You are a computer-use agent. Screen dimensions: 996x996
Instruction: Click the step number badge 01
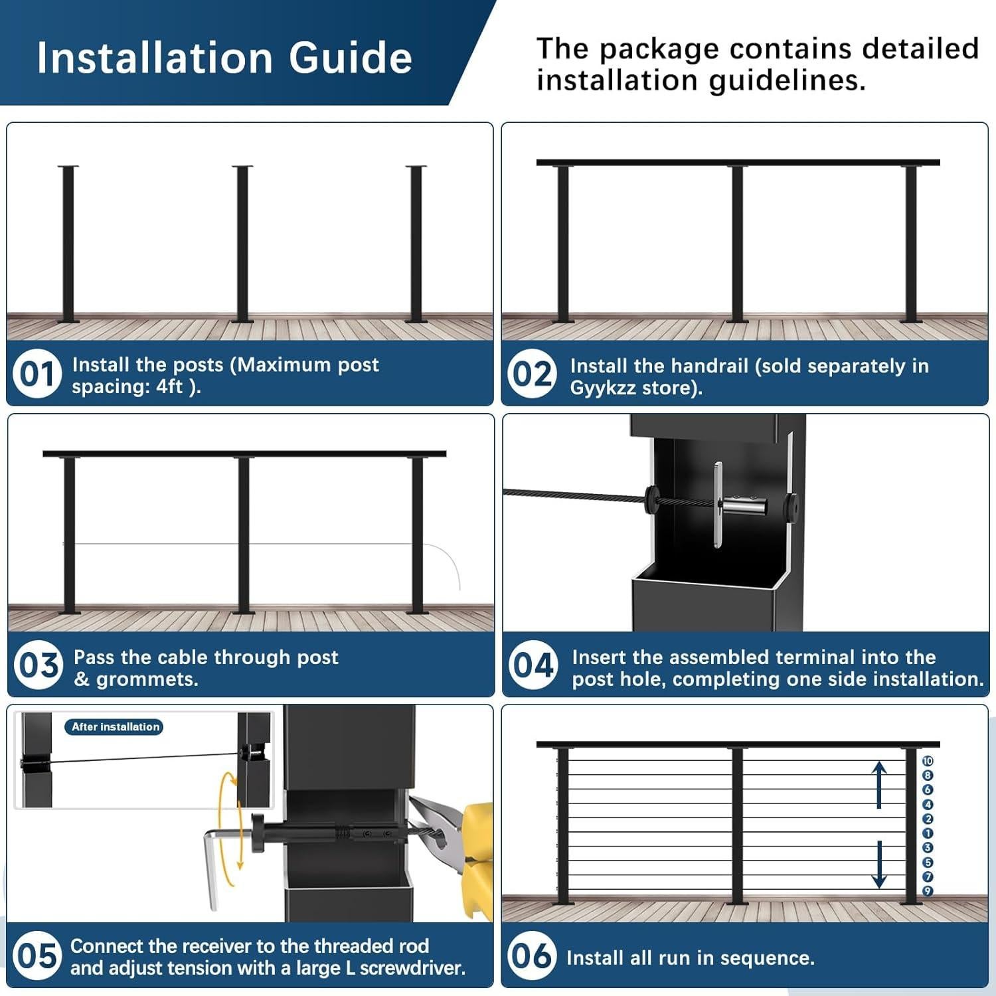(37, 374)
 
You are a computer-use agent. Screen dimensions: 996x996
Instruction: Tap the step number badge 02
(532, 374)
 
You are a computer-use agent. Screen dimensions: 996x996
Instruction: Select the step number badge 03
(39, 665)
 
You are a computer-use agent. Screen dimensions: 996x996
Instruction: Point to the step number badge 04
(533, 665)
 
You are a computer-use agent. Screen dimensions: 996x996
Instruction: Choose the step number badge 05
(37, 956)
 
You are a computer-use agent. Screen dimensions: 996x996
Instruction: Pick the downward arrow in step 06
(879, 863)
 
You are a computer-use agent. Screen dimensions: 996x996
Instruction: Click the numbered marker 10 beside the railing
(928, 761)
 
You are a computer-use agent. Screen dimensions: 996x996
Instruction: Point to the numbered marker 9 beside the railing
(928, 891)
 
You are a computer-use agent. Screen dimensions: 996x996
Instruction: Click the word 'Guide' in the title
(351, 58)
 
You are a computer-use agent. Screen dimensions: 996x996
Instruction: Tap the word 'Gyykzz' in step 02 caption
(603, 388)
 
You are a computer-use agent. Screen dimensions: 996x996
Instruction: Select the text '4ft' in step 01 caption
(169, 386)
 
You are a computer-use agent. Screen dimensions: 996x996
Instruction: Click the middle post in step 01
(242, 244)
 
